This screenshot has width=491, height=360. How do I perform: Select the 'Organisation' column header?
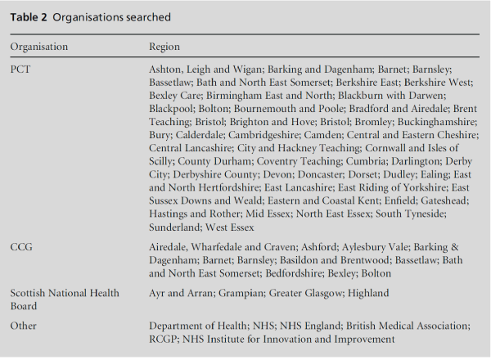[39, 47]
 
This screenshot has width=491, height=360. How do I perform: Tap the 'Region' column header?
[164, 47]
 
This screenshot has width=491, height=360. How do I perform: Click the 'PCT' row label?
[20, 70]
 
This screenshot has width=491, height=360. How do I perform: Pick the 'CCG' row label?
[21, 245]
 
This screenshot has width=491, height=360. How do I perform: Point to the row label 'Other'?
[25, 325]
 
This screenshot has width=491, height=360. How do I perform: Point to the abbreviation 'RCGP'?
[167, 338]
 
